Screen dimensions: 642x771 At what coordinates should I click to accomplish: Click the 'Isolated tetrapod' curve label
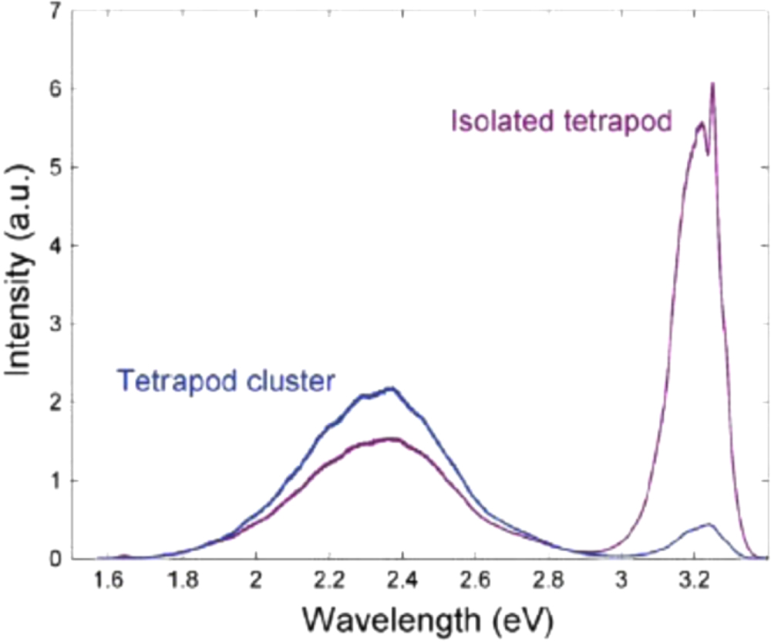[561, 121]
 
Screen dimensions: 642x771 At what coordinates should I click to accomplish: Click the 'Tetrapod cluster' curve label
[226, 380]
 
